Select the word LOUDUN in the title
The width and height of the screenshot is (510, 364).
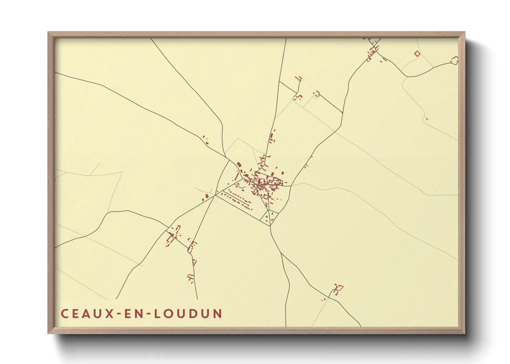[x=188, y=313]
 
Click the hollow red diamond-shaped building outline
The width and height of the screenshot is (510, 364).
[x=417, y=54]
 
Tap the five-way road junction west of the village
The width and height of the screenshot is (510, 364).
[x=216, y=195]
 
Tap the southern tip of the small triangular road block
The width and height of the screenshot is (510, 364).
[x=270, y=226]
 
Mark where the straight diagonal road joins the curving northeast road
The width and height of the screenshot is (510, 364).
[x=343, y=113]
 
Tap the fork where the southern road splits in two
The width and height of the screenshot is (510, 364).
[x=281, y=254]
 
